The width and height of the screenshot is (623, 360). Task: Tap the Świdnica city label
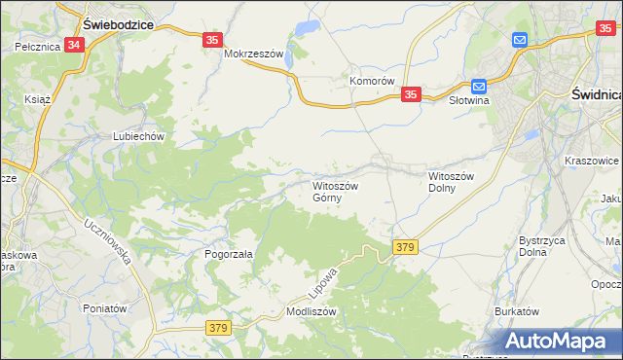(595, 94)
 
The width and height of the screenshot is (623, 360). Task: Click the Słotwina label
(469, 99)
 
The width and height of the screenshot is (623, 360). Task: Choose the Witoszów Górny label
(335, 191)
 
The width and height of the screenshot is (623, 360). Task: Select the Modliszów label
(311, 311)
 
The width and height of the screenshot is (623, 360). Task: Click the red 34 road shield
(75, 45)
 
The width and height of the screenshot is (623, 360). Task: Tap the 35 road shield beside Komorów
(411, 94)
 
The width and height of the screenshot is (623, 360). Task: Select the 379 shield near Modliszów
(217, 329)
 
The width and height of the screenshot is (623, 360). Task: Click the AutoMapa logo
(559, 341)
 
